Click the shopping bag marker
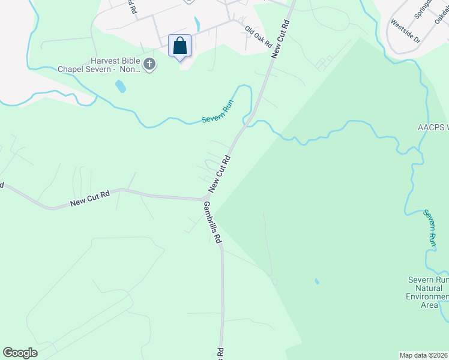[180, 46]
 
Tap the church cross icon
[149, 64]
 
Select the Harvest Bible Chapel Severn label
[99, 65]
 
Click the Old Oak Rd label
[258, 37]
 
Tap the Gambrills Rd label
[212, 222]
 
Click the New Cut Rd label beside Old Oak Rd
[280, 39]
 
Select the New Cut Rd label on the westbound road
[89, 199]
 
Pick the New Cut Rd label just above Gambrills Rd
[220, 175]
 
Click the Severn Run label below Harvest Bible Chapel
[217, 112]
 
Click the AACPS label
[433, 128]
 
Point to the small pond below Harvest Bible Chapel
[121, 87]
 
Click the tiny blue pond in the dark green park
[316, 281]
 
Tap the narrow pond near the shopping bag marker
[197, 24]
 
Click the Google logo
[20, 353]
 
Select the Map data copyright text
[423, 355]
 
